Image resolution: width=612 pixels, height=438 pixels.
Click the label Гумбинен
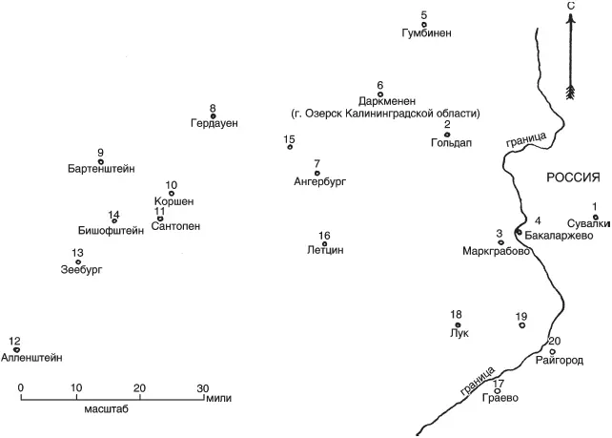(x=424, y=33)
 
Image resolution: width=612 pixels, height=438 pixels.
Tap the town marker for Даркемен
(x=380, y=94)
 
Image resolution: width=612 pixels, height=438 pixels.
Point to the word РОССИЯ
(x=573, y=177)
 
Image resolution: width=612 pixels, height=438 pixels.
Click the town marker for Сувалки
(x=596, y=217)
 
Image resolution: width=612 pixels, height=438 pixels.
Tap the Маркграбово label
(x=496, y=252)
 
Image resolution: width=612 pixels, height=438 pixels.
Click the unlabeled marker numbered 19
(x=521, y=325)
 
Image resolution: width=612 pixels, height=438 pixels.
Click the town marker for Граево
(x=498, y=390)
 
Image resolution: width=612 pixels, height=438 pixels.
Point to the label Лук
(x=457, y=334)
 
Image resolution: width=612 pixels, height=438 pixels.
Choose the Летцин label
(x=325, y=250)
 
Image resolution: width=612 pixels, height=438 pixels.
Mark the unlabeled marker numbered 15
(x=290, y=147)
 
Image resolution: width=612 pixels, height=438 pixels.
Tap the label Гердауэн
(x=214, y=124)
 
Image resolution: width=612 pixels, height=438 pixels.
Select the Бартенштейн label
(x=101, y=168)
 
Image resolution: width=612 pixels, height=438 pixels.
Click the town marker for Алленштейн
(x=16, y=349)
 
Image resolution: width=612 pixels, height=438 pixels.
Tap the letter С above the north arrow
(x=570, y=6)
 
